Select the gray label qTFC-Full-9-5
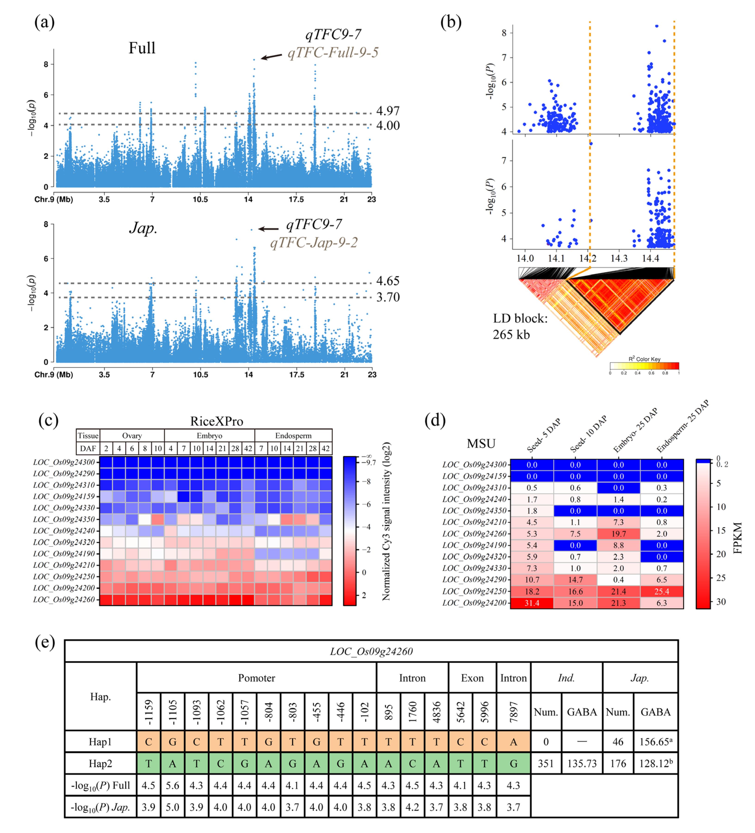(x=333, y=52)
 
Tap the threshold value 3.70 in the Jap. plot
(x=387, y=297)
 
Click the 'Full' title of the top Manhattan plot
(x=142, y=48)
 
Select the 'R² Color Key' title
(x=644, y=359)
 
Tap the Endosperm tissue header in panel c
(x=293, y=436)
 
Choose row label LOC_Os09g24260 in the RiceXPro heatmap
(x=64, y=599)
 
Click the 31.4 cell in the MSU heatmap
(x=532, y=603)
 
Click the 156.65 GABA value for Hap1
(x=655, y=742)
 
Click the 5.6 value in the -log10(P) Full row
(x=172, y=785)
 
